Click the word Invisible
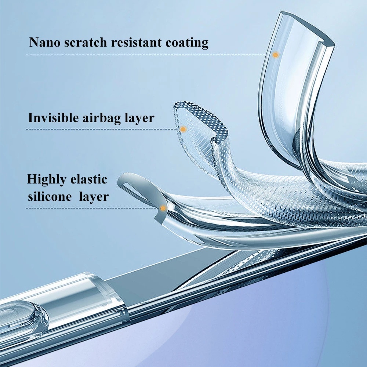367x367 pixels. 52,118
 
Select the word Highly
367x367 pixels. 46,180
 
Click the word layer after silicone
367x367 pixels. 94,197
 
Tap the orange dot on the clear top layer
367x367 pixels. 276,55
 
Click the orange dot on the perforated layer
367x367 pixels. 183,129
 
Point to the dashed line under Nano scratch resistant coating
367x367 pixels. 147,55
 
